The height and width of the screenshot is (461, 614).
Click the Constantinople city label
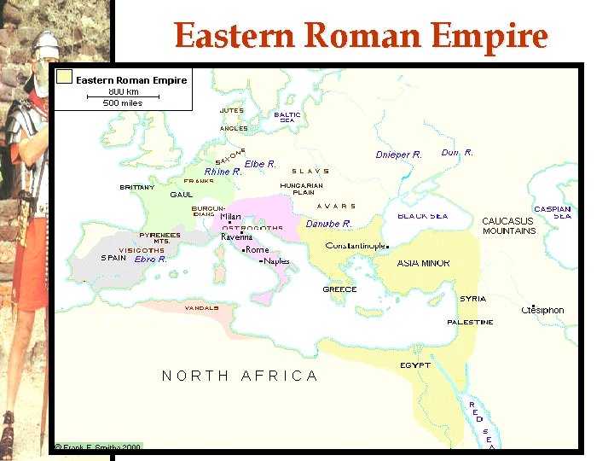pos(356,246)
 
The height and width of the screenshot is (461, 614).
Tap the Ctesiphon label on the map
pos(542,311)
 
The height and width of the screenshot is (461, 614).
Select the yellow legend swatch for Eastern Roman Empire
pos(64,78)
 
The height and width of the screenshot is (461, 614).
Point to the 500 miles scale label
pos(123,103)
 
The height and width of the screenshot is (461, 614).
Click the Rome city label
pos(257,250)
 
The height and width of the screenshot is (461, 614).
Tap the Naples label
pos(276,261)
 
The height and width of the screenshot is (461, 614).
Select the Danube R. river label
pos(328,224)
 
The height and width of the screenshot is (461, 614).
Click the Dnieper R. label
pos(398,155)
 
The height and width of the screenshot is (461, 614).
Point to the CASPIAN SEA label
pos(553,212)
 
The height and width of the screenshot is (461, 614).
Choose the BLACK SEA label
pos(422,216)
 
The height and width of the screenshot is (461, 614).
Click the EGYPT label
pos(415,365)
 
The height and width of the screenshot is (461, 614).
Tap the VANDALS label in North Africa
pos(202,307)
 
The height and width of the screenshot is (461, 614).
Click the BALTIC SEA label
pos(287,117)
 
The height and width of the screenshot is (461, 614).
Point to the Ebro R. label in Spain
pos(151,259)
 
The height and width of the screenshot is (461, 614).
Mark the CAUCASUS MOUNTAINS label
pos(509,225)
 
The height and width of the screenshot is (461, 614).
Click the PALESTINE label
pos(470,322)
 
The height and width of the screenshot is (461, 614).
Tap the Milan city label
pos(230,217)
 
